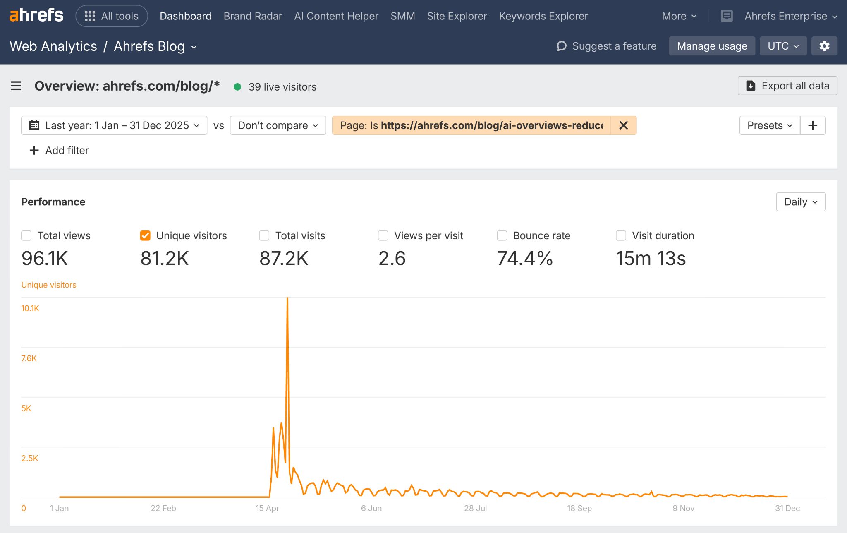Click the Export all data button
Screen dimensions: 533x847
(787, 86)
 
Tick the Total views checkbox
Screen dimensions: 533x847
(26, 235)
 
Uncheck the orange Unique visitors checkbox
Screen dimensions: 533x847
(145, 235)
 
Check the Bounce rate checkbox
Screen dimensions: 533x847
(502, 235)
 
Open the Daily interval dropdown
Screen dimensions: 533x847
(800, 202)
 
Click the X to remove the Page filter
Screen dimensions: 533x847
(623, 125)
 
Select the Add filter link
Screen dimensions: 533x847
(59, 150)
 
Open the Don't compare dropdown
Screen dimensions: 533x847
(278, 125)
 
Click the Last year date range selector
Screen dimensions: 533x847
(114, 125)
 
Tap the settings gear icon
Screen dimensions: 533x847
(824, 46)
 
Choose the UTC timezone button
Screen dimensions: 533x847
(782, 46)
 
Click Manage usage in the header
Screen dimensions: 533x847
(711, 46)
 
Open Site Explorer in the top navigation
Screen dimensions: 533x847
(457, 16)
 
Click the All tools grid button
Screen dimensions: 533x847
(112, 16)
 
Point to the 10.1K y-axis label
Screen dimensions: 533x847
(30, 308)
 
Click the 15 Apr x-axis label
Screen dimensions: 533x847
(267, 508)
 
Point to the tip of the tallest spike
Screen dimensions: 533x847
(287, 298)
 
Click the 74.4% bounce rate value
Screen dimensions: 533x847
(524, 259)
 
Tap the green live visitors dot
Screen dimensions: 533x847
(237, 87)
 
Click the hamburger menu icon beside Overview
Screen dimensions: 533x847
(16, 86)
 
